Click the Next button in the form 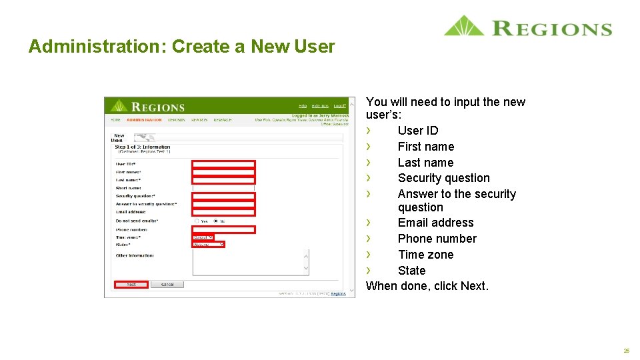click(x=131, y=285)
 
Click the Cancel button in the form click(x=167, y=285)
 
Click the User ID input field click(x=223, y=164)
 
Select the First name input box click(x=223, y=172)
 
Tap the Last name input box click(x=223, y=180)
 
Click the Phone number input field click(x=223, y=229)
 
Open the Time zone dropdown click(x=203, y=237)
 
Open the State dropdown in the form click(x=209, y=245)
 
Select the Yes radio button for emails click(x=197, y=221)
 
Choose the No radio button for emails click(x=215, y=221)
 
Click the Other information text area click(x=250, y=262)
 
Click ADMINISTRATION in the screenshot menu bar click(x=144, y=120)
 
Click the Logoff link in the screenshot click(x=340, y=106)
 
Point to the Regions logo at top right click(x=527, y=27)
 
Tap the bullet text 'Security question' click(x=443, y=178)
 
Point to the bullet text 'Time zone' click(x=425, y=255)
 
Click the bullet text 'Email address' click(x=435, y=223)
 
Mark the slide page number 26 click(x=627, y=351)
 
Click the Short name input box click(x=223, y=188)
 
